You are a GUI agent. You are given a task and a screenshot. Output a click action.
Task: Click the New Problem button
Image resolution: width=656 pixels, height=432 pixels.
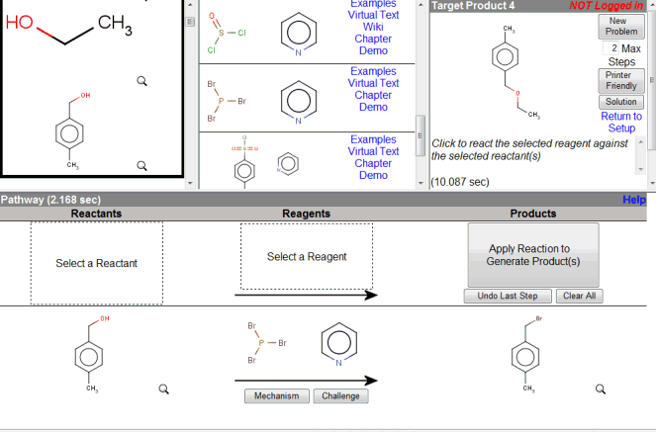click(621, 26)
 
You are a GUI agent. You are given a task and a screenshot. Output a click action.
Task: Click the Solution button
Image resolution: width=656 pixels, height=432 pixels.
click(621, 102)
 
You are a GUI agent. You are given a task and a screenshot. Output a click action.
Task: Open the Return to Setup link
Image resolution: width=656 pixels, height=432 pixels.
click(621, 122)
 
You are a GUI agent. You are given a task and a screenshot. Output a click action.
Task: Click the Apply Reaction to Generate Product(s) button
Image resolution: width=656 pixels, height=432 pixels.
click(533, 255)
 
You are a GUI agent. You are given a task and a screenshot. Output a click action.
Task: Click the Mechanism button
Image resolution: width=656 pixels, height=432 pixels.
click(276, 396)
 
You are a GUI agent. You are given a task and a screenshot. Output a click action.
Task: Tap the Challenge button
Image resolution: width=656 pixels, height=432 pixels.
click(340, 396)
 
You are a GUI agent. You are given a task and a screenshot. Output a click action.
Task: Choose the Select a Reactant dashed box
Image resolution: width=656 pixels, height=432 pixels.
click(96, 263)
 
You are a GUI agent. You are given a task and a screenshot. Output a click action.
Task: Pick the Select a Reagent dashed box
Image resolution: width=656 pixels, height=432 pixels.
click(307, 257)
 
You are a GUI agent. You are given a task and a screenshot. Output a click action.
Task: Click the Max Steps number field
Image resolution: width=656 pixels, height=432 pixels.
click(611, 48)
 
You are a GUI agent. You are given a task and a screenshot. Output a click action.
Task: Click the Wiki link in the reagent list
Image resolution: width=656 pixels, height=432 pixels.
click(373, 27)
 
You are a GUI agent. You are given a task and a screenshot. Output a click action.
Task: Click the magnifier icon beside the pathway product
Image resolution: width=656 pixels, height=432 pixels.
click(600, 389)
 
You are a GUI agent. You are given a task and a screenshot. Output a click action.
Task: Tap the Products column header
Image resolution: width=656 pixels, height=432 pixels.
click(533, 214)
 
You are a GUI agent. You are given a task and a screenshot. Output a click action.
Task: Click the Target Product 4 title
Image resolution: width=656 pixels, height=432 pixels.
click(473, 6)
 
